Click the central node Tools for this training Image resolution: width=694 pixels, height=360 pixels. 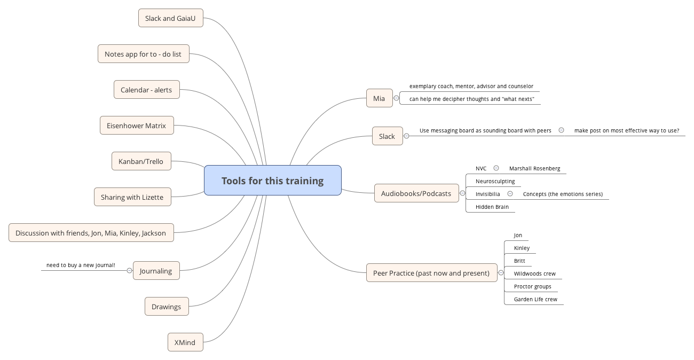272,181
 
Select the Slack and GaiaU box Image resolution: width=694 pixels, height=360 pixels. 170,18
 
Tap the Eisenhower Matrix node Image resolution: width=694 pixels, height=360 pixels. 136,126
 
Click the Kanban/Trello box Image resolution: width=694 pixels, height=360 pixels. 141,161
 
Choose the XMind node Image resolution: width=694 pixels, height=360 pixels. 185,342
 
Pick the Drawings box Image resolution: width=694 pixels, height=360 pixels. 166,307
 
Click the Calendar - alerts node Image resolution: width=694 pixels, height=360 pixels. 146,90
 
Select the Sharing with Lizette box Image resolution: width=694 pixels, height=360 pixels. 132,197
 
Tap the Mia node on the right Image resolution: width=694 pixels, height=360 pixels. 379,98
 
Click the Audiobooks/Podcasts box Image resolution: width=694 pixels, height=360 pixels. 416,193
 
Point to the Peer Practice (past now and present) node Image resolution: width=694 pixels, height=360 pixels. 431,273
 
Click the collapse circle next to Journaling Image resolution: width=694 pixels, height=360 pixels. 129,271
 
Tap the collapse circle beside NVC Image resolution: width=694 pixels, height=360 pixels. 496,168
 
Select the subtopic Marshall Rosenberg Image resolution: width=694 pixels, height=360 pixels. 534,169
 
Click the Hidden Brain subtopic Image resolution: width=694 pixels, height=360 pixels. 492,207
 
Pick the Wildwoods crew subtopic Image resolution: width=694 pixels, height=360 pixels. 534,273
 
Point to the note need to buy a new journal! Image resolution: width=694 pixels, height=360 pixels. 81,265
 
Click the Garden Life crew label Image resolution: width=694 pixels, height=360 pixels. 535,299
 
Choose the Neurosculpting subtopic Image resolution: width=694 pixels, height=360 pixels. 495,181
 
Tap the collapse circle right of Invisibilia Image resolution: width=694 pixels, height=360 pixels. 510,194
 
